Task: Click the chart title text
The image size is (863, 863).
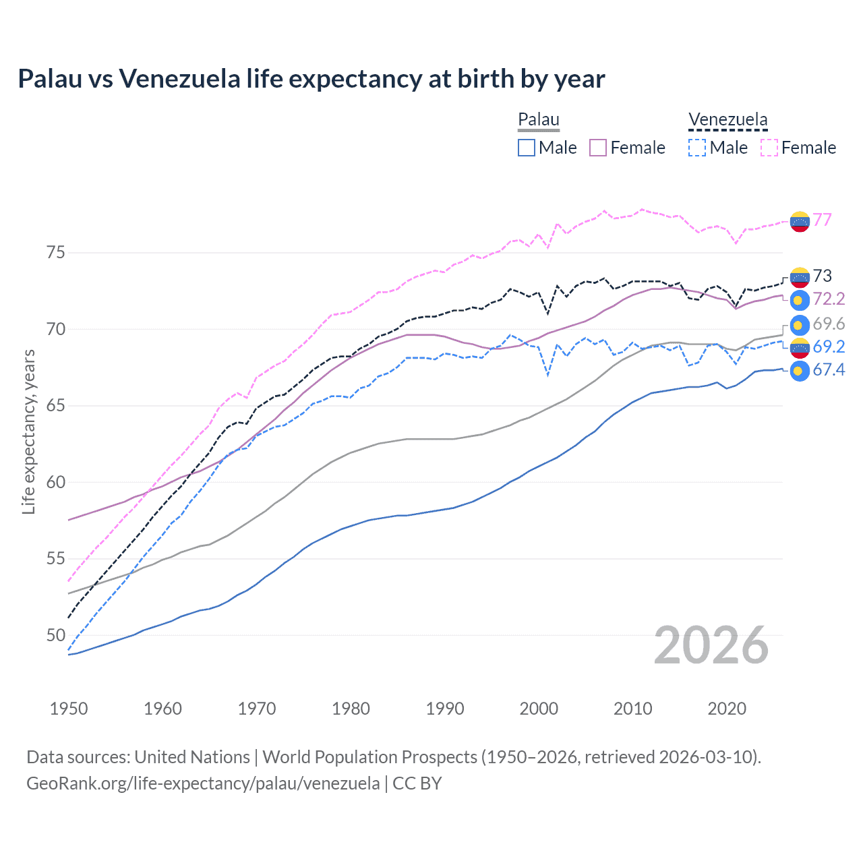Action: [x=311, y=79]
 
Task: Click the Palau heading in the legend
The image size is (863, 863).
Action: [x=538, y=119]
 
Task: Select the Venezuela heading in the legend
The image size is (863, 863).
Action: [x=727, y=119]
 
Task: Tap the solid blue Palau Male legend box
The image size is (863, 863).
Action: [x=527, y=148]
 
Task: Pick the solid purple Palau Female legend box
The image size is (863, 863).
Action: [x=598, y=148]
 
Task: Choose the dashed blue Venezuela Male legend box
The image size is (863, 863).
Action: [x=697, y=148]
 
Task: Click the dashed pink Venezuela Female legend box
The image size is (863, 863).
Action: [x=769, y=148]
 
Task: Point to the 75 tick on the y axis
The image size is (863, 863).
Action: [x=56, y=253]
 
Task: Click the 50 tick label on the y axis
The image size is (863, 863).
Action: [x=56, y=635]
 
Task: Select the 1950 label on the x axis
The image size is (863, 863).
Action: [x=69, y=709]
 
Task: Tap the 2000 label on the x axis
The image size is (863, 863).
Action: [x=539, y=709]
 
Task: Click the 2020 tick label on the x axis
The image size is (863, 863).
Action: [x=727, y=709]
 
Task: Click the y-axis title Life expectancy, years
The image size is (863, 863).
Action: [x=29, y=431]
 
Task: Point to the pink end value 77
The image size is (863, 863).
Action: [x=822, y=220]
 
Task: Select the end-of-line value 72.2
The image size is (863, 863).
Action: [x=829, y=299]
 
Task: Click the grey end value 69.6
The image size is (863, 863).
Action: [x=829, y=324]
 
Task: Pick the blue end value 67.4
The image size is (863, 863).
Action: [x=829, y=370]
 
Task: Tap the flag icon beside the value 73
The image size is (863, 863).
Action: [x=800, y=276]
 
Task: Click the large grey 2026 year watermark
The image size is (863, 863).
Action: [x=711, y=645]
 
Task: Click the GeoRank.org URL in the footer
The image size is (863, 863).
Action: [x=203, y=783]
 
